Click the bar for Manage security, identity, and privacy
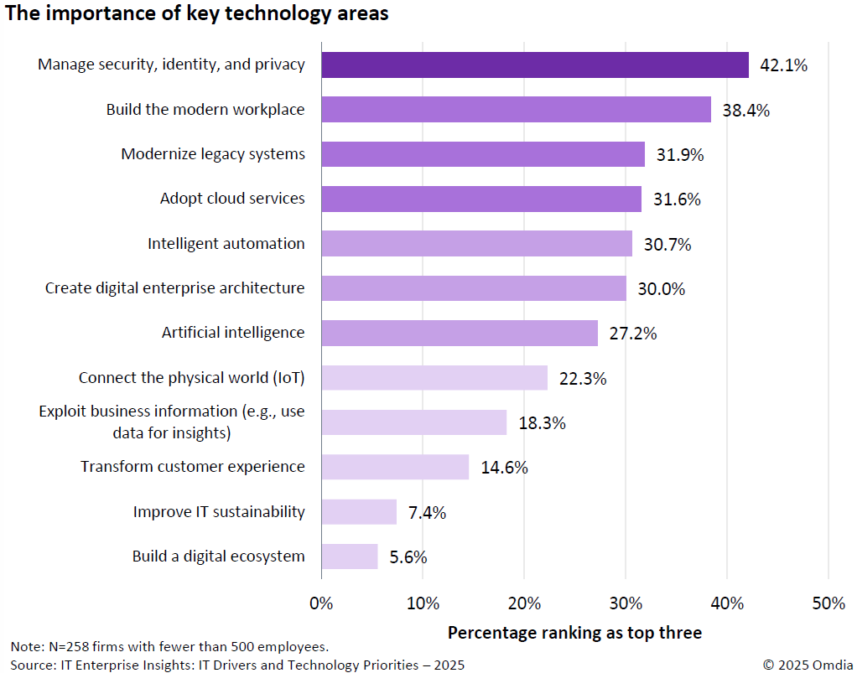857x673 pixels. coord(534,65)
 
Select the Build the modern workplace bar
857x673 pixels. coord(516,110)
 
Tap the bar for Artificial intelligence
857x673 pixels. coord(460,333)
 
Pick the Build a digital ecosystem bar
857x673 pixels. coord(350,557)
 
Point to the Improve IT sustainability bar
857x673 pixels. coord(359,512)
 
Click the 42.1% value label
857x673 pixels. coord(783,65)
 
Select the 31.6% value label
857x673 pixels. coord(677,199)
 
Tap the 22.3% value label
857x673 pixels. coord(582,378)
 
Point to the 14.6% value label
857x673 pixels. coord(504,468)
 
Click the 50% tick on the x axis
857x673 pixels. coord(828,603)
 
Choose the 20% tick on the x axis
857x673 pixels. coord(524,603)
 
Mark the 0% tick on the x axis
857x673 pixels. coord(321,603)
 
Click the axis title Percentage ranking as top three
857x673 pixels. coord(574,633)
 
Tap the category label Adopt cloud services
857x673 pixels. coord(232,199)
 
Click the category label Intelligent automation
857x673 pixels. coord(226,244)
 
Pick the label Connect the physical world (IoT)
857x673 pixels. coord(192,378)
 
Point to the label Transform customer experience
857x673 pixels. coord(193,467)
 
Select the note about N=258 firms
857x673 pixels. coord(169,647)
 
